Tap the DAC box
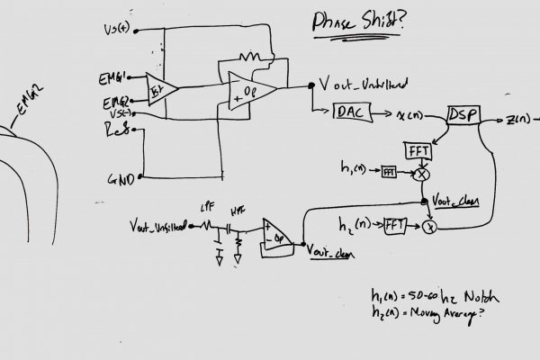[348, 112]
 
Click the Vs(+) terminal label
[121, 30]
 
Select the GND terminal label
[120, 179]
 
